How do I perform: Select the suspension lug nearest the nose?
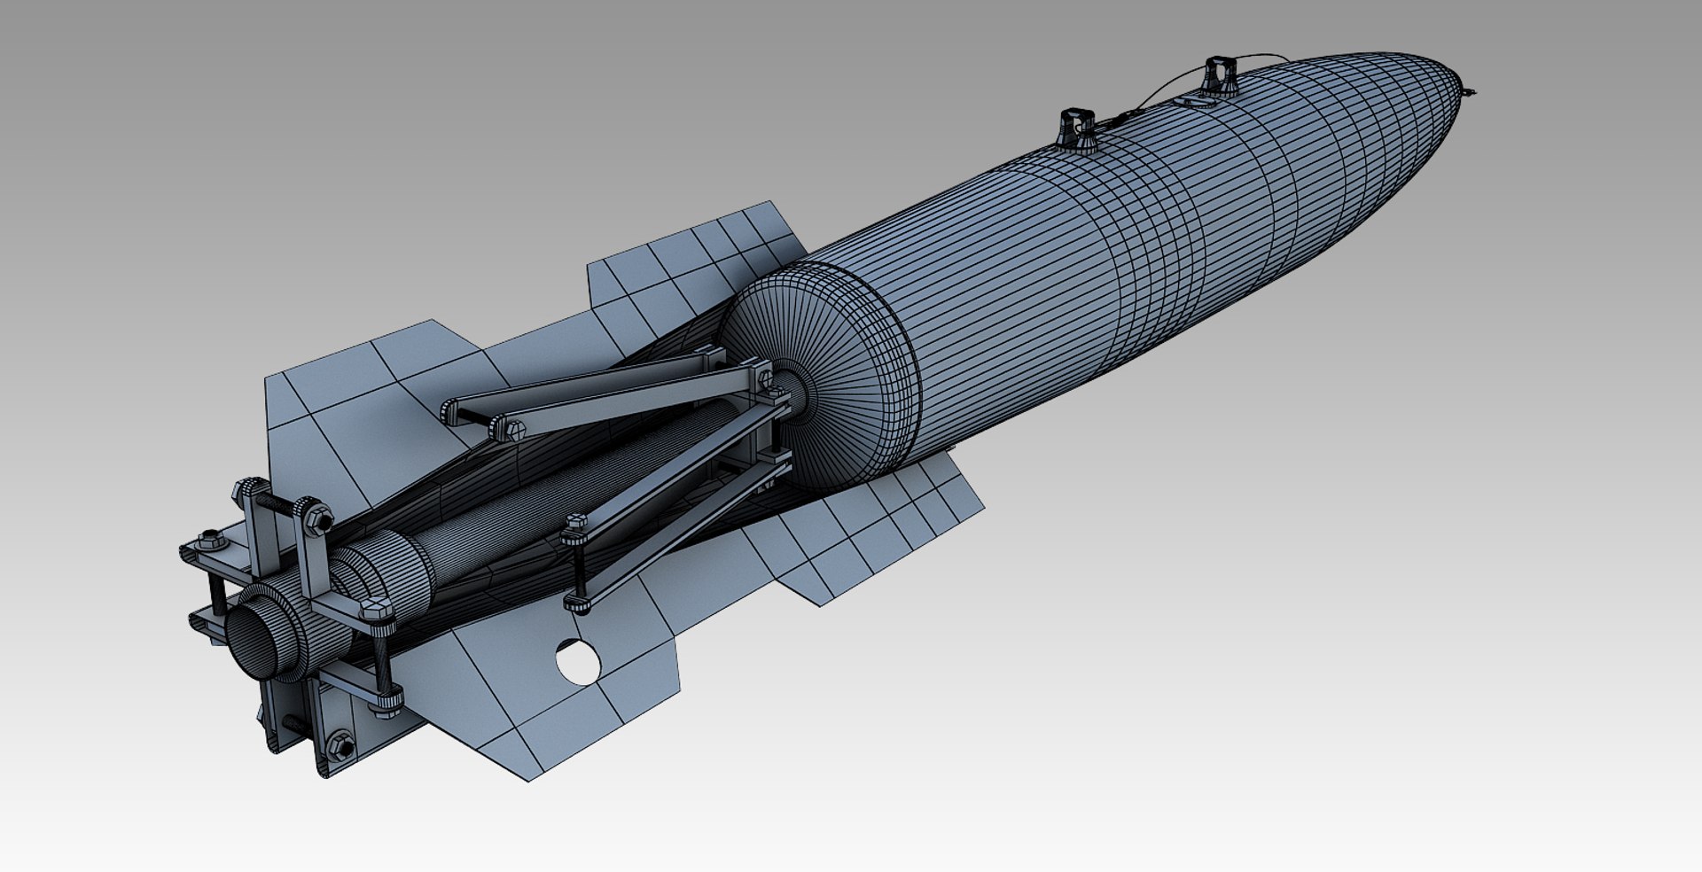[x=1219, y=74]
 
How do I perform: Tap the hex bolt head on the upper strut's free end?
[x=514, y=431]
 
